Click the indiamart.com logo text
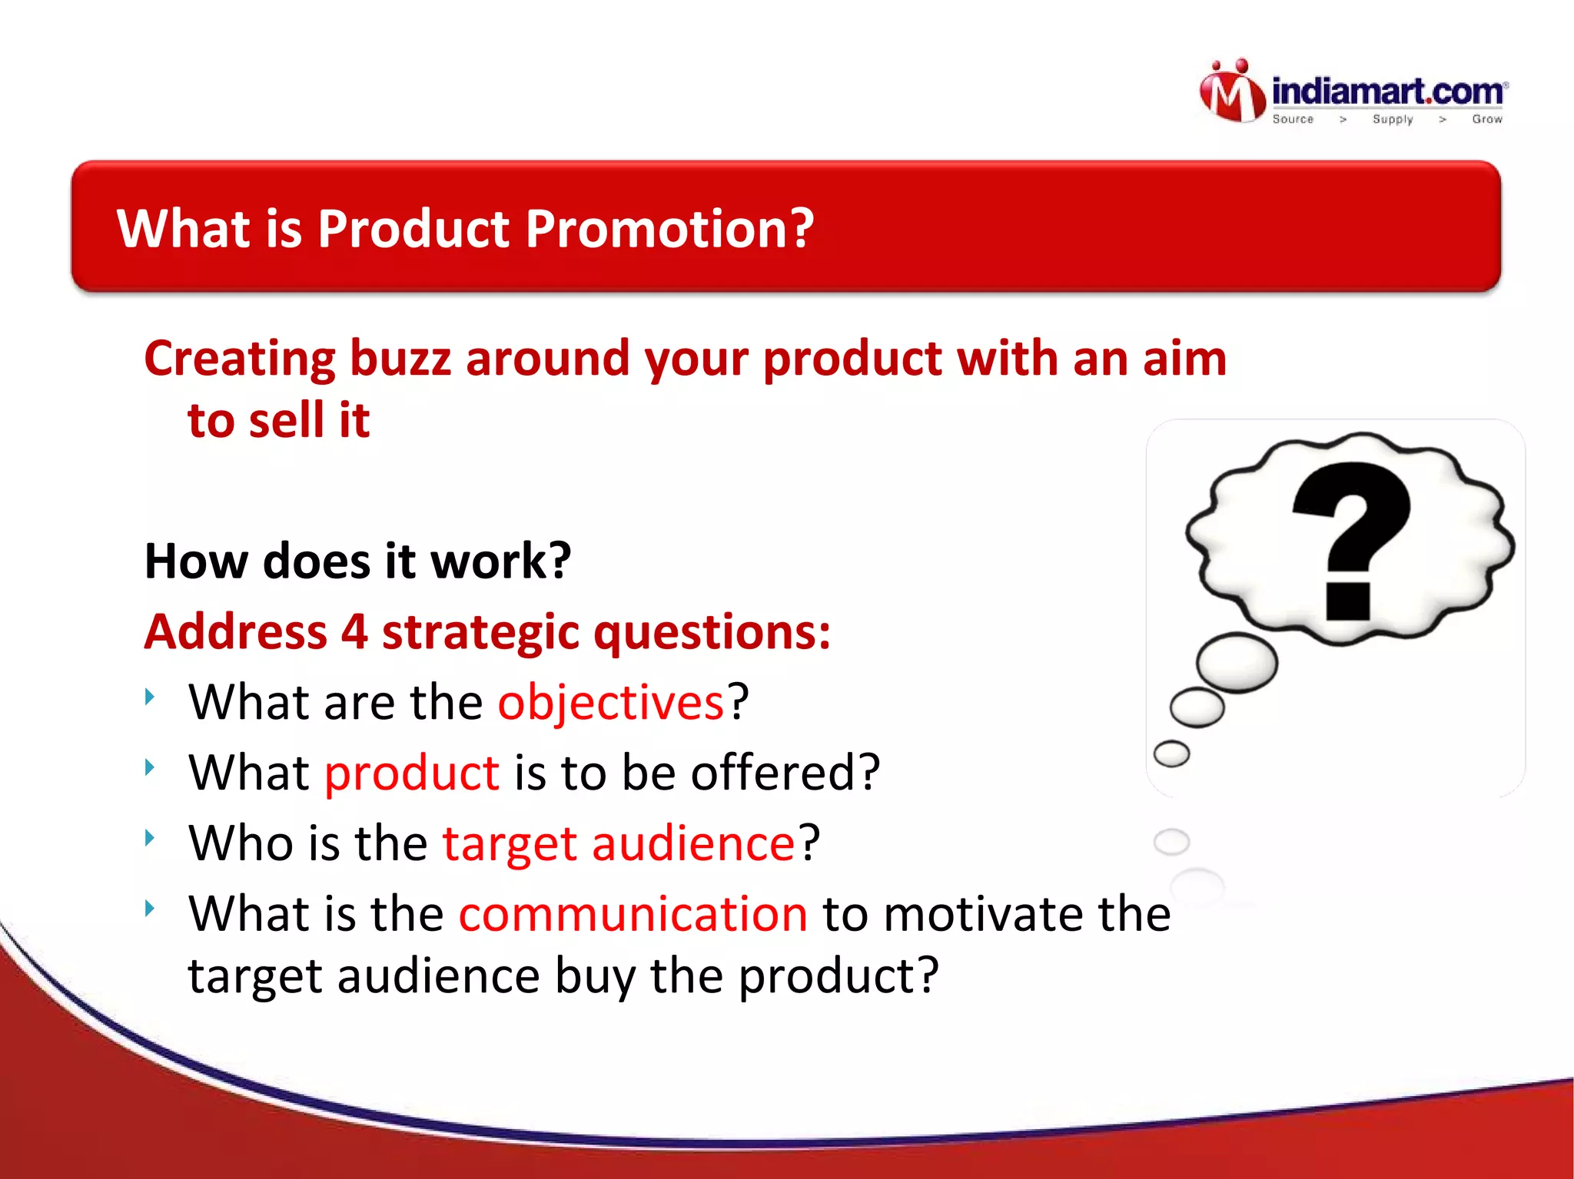coord(1388,92)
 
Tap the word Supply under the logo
coord(1393,119)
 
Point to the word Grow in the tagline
coord(1486,119)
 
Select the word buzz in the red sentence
coord(400,359)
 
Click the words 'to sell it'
coord(278,421)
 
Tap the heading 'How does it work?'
coord(357,561)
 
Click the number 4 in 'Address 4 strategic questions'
coord(354,632)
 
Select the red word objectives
coord(611,702)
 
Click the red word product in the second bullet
coord(412,773)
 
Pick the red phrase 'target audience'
coord(619,843)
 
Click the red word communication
coord(633,914)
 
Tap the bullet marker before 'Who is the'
coord(150,837)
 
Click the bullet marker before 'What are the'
coord(150,696)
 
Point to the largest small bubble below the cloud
coord(1237,662)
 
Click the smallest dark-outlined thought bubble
coord(1171,753)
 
